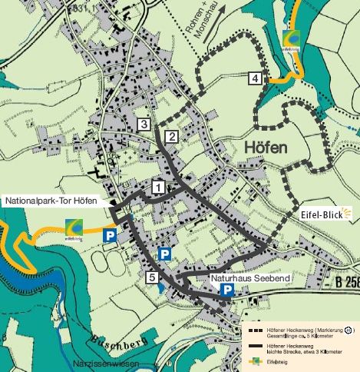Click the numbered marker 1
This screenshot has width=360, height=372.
click(157, 187)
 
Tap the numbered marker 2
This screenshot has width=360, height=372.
click(172, 137)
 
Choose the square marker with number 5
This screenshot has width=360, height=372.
click(153, 277)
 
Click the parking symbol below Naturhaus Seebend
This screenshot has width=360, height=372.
click(227, 289)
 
